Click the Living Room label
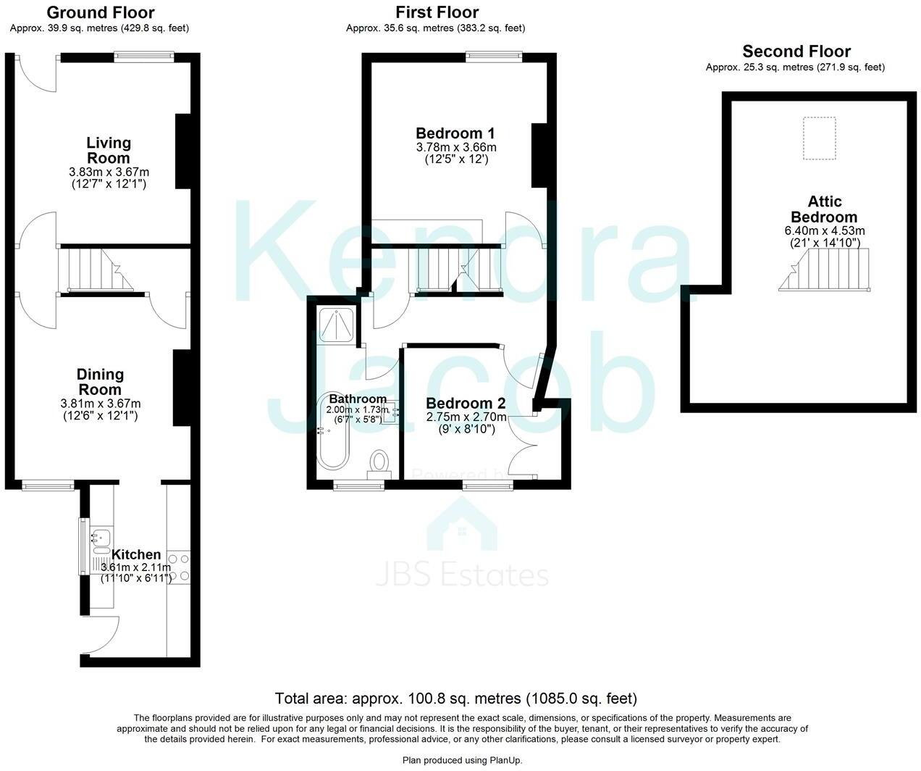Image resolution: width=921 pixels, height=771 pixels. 109,150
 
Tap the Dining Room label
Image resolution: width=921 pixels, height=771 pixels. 100,382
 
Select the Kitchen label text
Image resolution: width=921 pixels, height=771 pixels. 136,555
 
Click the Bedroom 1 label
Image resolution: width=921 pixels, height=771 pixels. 455,133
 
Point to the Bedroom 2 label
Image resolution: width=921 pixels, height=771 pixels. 466,404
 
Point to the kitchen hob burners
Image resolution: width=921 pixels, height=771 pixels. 179,567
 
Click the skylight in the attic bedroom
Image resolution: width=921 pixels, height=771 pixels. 819,138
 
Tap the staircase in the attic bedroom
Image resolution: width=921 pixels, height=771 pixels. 825,270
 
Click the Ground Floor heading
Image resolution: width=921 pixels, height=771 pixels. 100,12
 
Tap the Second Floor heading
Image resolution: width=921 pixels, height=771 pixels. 796,51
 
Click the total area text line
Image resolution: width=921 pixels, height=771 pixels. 455,699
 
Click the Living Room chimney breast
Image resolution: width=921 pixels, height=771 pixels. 182,151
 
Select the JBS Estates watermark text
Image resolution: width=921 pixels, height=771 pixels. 462,575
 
